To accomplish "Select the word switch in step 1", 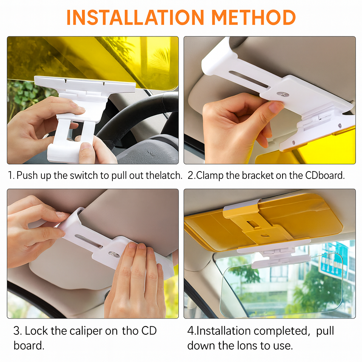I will click(x=80, y=175).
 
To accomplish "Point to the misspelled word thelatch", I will click(x=164, y=175).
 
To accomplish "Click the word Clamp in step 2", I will click(x=210, y=175).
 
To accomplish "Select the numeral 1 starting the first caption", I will click(x=10, y=175).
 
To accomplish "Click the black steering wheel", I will click(x=141, y=113).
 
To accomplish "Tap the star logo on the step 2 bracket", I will click(x=281, y=94).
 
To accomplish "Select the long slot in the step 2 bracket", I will click(x=248, y=79).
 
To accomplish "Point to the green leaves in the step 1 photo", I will click(x=23, y=97).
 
